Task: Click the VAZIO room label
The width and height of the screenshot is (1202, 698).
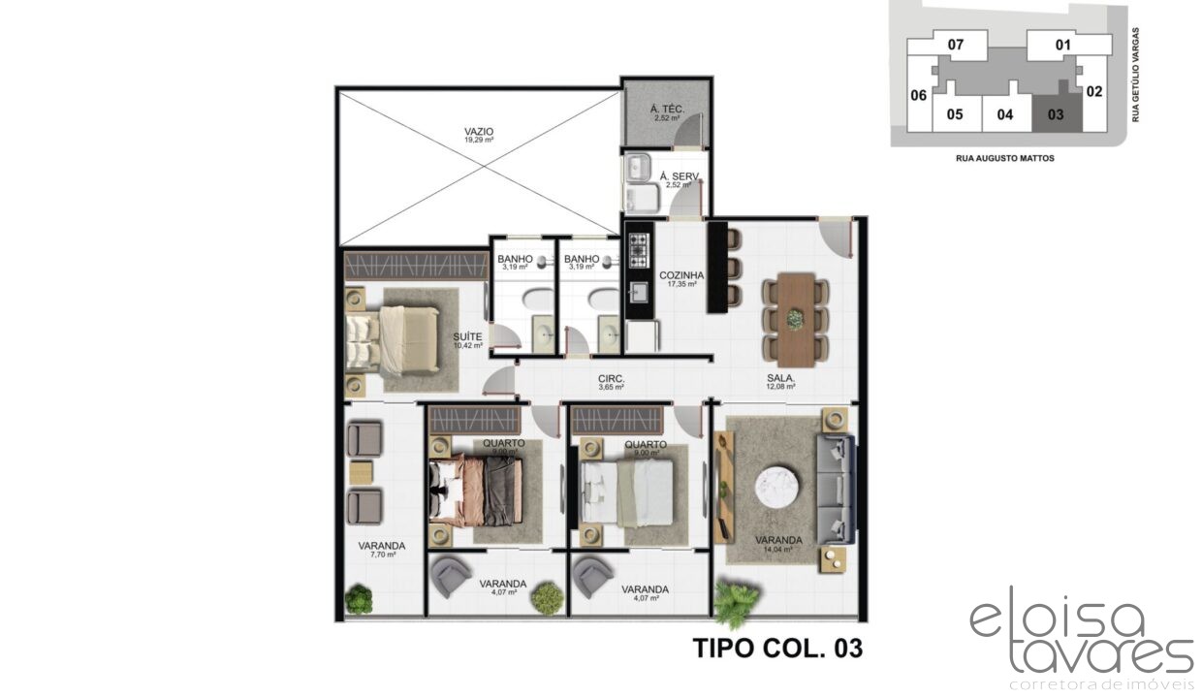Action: (x=478, y=130)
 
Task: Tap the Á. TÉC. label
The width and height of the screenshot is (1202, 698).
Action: (x=665, y=109)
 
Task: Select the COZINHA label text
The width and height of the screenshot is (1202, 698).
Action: (x=681, y=274)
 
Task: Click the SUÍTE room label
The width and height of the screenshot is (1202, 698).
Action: (x=467, y=337)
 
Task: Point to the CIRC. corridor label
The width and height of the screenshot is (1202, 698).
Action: (x=611, y=379)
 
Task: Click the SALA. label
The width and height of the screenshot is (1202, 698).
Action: (x=780, y=379)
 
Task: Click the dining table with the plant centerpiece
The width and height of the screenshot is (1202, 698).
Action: (x=795, y=318)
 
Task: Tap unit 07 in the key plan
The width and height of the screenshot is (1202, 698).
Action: (x=956, y=45)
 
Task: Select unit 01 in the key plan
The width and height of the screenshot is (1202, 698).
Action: (x=1062, y=45)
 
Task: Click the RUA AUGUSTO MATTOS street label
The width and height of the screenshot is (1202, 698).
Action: (x=1004, y=158)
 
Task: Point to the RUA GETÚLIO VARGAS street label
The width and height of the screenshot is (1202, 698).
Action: (x=1135, y=76)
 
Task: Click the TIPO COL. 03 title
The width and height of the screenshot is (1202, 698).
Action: (x=776, y=648)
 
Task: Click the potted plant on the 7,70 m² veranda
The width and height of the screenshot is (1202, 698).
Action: (x=359, y=600)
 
